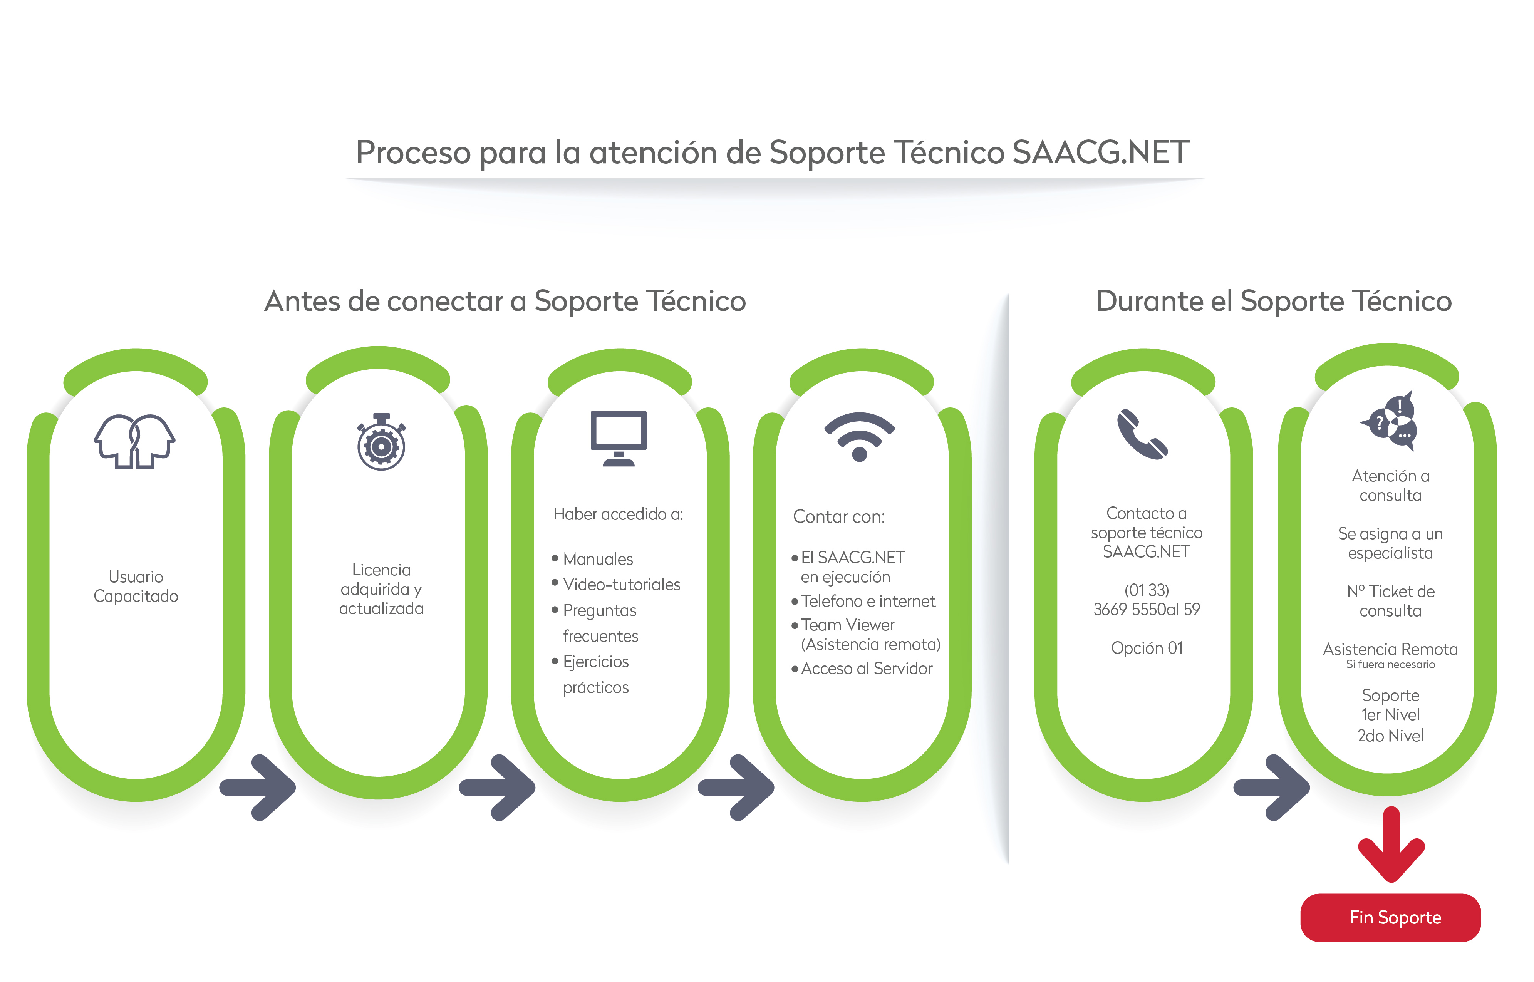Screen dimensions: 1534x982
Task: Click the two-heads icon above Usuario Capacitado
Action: click(134, 441)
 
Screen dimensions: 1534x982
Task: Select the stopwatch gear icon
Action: click(381, 442)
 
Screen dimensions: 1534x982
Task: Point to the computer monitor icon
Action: click(619, 438)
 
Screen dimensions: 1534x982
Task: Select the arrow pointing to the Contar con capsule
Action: click(736, 788)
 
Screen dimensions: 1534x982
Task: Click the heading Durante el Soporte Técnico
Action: click(1274, 301)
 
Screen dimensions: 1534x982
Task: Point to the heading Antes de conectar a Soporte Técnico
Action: click(505, 301)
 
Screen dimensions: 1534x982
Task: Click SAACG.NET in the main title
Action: click(1100, 152)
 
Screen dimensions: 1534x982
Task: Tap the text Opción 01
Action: click(1146, 648)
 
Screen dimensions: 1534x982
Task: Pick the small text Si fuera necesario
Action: click(1391, 664)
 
